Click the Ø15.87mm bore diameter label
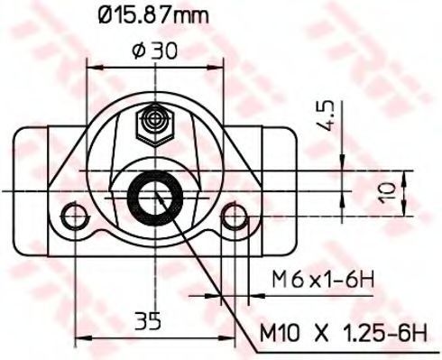click(x=153, y=15)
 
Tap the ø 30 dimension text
click(x=154, y=51)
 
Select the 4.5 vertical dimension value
click(x=327, y=115)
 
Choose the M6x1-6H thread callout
click(x=323, y=280)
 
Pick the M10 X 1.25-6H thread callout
click(x=343, y=333)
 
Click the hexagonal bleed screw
click(x=155, y=125)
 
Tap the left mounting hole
click(x=72, y=216)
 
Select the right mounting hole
click(x=235, y=216)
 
